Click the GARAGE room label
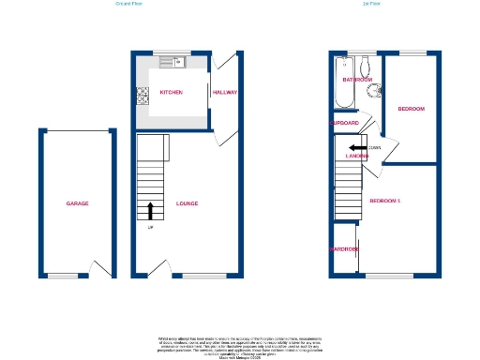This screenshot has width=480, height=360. pyautogui.click(x=77, y=203)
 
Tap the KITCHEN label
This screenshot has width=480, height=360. pyautogui.click(x=171, y=93)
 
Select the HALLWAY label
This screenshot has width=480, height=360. pyautogui.click(x=225, y=93)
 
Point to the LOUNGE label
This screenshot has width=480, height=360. pyautogui.click(x=187, y=203)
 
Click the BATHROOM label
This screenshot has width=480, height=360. pyautogui.click(x=357, y=80)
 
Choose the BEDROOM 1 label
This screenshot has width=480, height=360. pyautogui.click(x=384, y=202)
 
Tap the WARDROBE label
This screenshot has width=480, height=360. pyautogui.click(x=344, y=249)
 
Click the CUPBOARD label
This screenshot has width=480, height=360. pyautogui.click(x=345, y=123)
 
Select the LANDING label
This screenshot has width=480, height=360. pyautogui.click(x=356, y=156)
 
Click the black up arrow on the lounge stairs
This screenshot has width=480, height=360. pyautogui.click(x=151, y=209)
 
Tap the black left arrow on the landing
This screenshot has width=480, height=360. pyautogui.click(x=356, y=147)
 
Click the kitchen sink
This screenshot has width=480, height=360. pyautogui.click(x=172, y=63)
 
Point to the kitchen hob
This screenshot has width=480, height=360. pyautogui.click(x=143, y=95)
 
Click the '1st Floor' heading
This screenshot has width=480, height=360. pyautogui.click(x=370, y=5)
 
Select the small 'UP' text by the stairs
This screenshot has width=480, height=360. pyautogui.click(x=150, y=228)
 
